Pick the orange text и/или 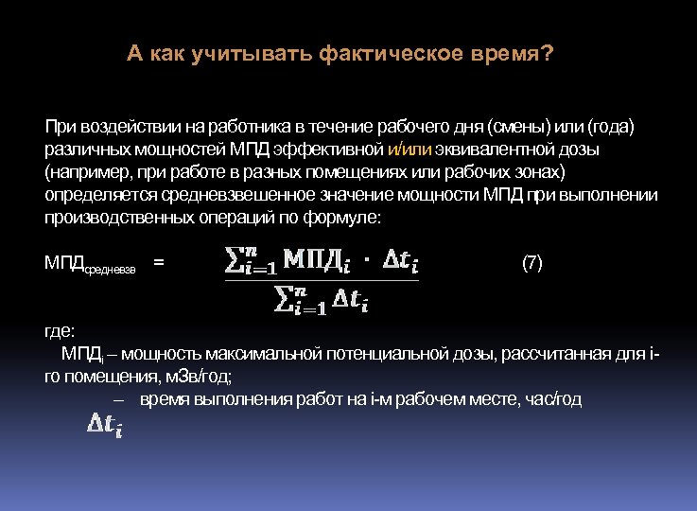coord(409,150)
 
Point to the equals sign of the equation coord(158,263)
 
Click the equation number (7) coord(532,263)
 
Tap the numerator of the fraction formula coord(321,261)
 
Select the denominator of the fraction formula coord(321,300)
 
